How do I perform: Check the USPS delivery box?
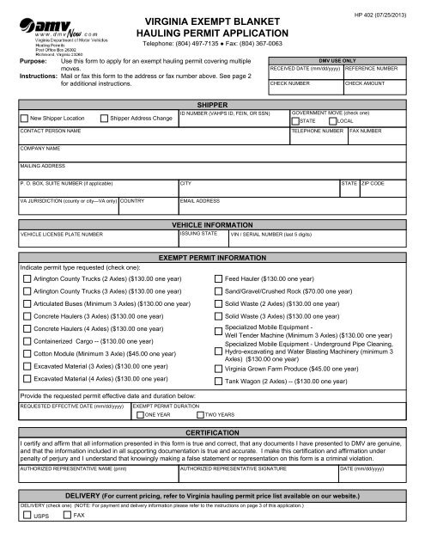[x=27, y=539]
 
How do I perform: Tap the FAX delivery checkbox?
[x=65, y=539]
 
